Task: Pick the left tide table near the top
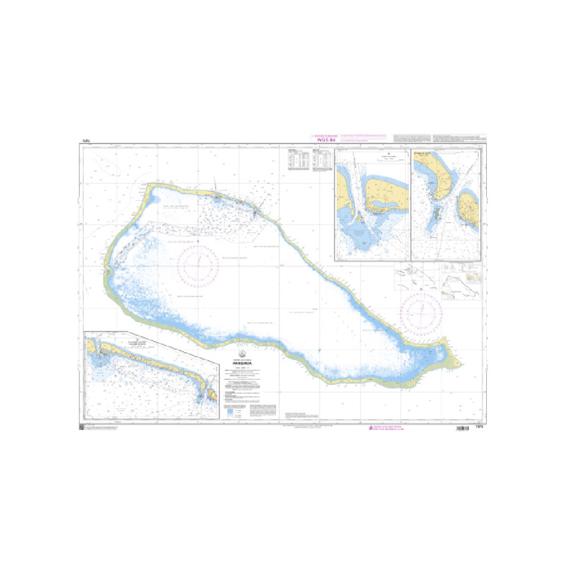point(296,162)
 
